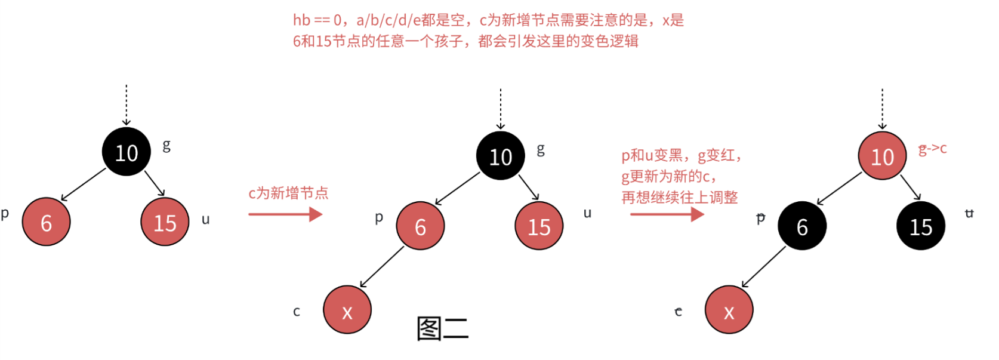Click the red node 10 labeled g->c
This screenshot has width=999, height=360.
(882, 156)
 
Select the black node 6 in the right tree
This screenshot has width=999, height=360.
(802, 226)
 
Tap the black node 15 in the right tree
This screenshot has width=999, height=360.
(921, 226)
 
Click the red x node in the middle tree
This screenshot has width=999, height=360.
(347, 310)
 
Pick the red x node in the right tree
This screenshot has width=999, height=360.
(729, 310)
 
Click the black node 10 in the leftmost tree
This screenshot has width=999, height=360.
(127, 152)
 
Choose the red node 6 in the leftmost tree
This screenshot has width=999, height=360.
(47, 222)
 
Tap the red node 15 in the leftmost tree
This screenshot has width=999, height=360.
(165, 222)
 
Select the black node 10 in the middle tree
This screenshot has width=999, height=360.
(501, 156)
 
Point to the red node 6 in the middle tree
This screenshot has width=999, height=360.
(420, 226)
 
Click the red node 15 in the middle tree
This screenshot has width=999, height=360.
(539, 226)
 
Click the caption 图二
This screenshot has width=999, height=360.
(442, 329)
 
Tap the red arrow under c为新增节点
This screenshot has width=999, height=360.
(285, 214)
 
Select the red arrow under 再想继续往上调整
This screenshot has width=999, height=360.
(667, 214)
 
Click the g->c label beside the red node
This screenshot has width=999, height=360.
(932, 149)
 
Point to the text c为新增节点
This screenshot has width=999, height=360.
(288, 193)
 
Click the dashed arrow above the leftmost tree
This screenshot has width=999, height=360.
(127, 104)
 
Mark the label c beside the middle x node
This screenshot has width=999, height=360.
(297, 311)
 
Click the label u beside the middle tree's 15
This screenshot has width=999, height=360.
(587, 213)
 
